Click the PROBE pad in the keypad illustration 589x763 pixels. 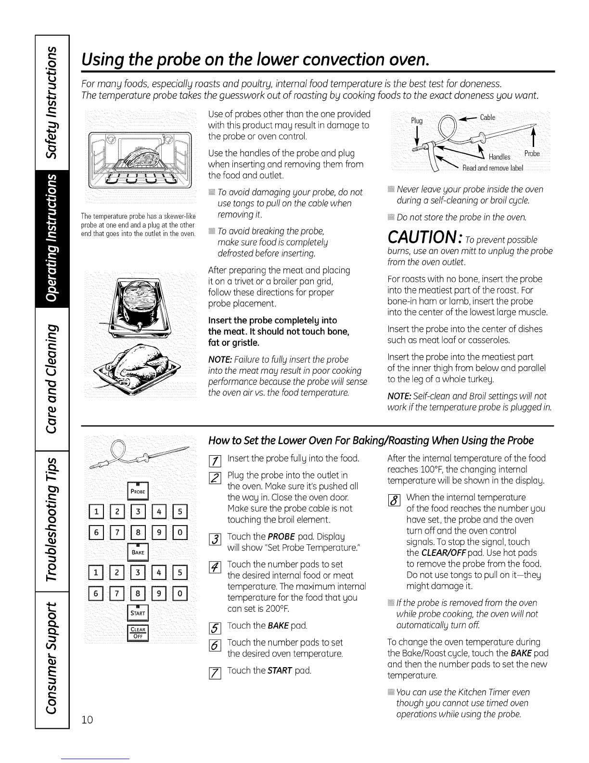coord(138,490)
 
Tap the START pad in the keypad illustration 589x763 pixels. coord(138,612)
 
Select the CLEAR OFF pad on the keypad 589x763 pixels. coord(138,633)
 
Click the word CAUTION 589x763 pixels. coord(423,237)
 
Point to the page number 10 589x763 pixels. coord(87,720)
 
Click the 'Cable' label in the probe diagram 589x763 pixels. coord(487,117)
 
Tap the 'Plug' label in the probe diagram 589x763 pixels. coord(417,120)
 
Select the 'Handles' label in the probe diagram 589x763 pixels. coord(499,157)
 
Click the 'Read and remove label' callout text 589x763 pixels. coord(493,168)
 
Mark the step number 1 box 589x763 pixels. coord(215,460)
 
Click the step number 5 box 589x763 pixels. coord(215,628)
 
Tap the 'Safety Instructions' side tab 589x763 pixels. coord(52,102)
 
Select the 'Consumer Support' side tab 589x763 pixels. coord(52,660)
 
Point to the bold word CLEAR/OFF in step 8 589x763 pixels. coord(443,553)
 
